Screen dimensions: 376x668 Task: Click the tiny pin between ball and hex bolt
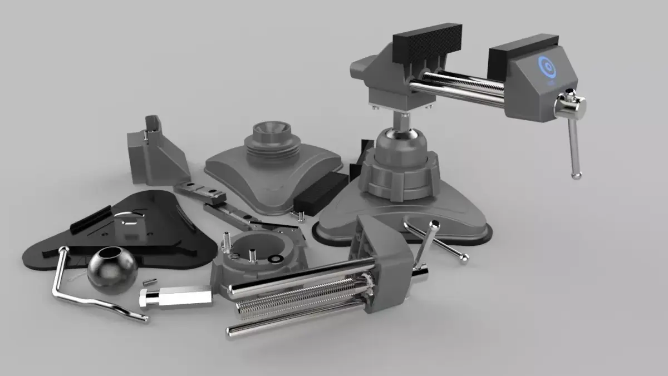tap(149, 282)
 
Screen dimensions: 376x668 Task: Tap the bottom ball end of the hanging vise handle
tap(577, 175)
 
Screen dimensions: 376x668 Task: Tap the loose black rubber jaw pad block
tap(320, 192)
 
